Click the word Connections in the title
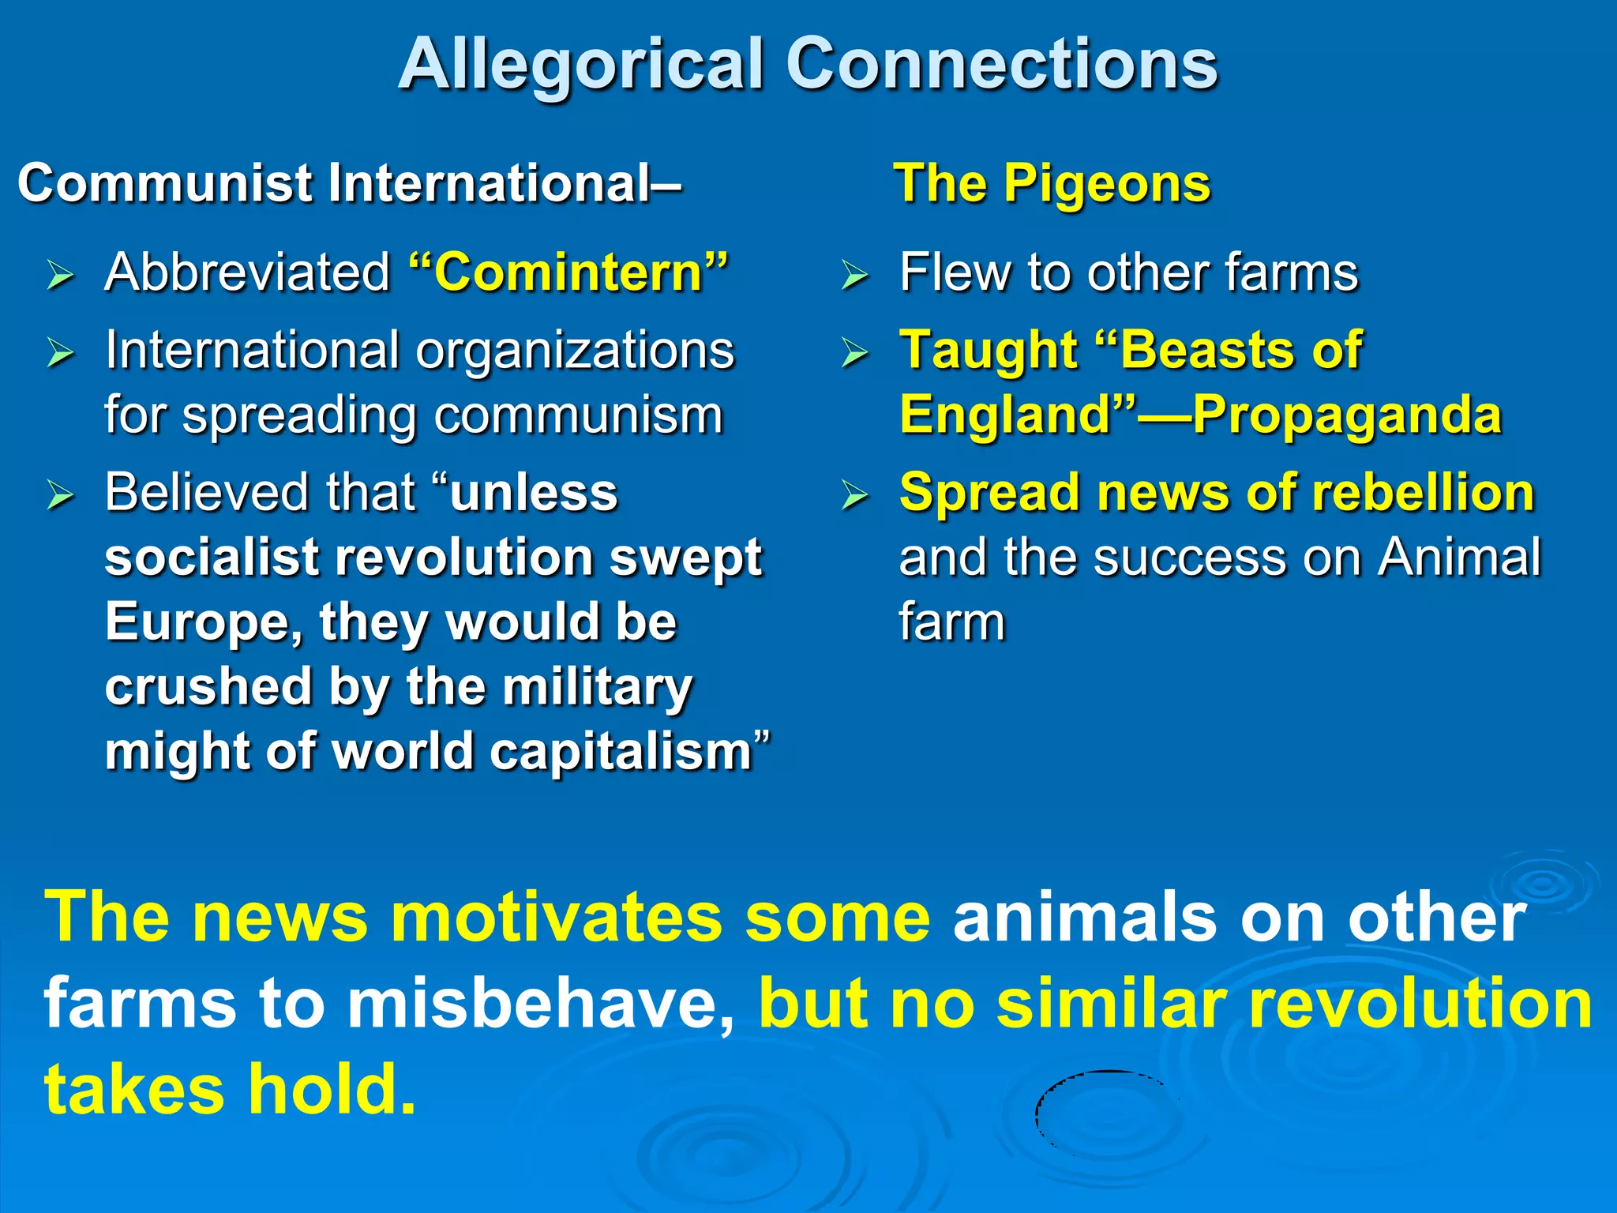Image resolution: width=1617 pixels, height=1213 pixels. click(x=1001, y=65)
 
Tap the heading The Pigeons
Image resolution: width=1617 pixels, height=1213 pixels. click(x=1052, y=184)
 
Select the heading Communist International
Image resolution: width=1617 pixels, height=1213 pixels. click(x=347, y=184)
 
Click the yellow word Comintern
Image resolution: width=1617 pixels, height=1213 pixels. click(x=568, y=272)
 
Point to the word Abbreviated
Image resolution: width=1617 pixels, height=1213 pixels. click(x=248, y=272)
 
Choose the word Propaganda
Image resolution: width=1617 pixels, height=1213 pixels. click(x=1346, y=415)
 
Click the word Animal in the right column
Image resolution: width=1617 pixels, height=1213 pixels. click(x=1459, y=558)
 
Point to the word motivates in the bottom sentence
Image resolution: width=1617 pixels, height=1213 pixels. click(x=557, y=918)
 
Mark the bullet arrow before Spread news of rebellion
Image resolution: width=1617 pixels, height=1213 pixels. click(x=855, y=495)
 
